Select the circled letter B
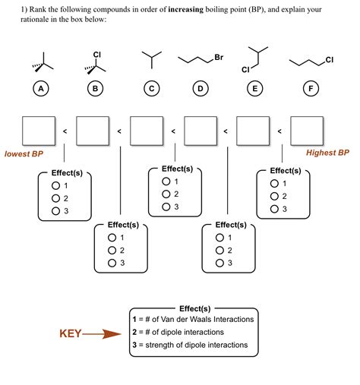95,90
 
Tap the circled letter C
152,90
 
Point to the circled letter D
201,90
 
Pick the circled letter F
310,90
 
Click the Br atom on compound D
219,58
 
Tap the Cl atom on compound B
96,55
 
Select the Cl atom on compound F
328,59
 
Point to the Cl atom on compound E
245,70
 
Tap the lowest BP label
24,153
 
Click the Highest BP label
327,153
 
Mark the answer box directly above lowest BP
39,131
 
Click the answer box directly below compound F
307,131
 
